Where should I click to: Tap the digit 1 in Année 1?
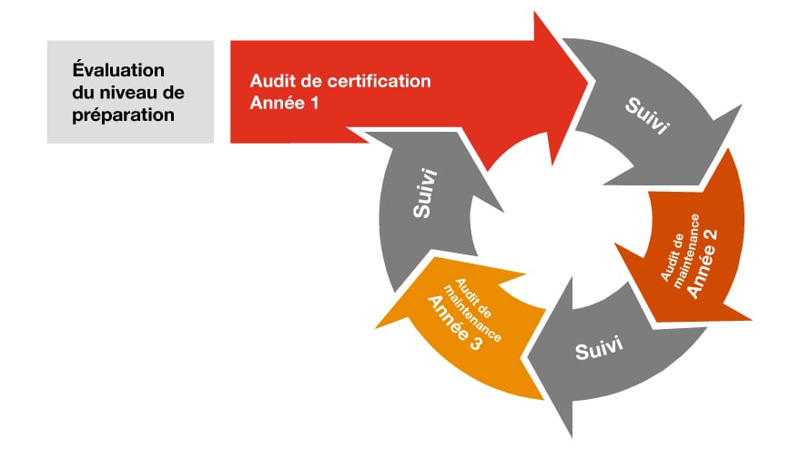tap(315, 103)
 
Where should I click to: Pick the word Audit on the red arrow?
tap(270, 81)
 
